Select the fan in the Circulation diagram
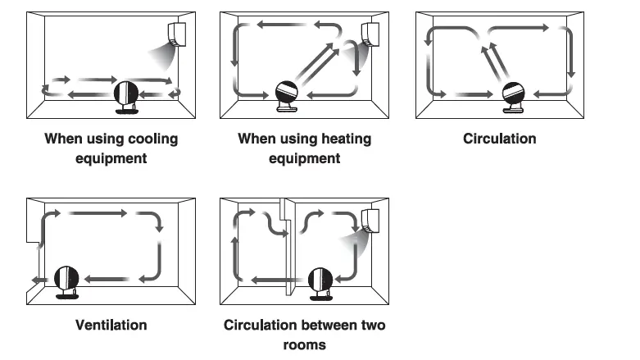pos(513,94)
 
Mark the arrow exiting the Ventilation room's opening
pos(34,281)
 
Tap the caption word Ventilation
pos(111,325)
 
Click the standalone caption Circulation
pos(499,139)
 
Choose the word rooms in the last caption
pos(304,344)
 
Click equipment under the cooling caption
pos(111,158)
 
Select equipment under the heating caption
pos(304,158)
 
